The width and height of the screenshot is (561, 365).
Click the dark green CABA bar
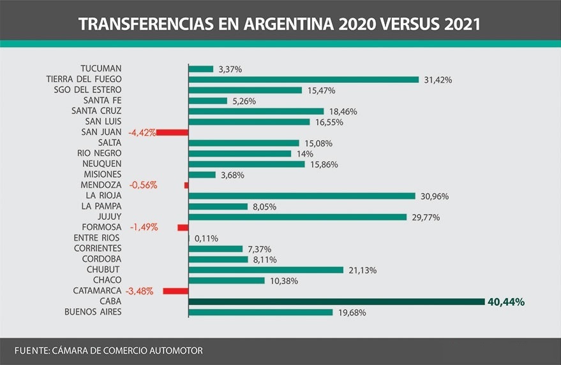point(337,301)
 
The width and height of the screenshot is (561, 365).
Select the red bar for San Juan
point(172,132)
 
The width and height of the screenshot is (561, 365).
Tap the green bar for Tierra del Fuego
point(304,80)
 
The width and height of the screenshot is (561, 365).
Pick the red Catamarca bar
point(176,291)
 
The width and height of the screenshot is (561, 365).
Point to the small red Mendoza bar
point(186,185)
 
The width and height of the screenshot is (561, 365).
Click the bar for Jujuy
point(297,217)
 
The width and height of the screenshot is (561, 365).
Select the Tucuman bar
point(201,69)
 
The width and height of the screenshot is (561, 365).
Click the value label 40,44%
point(505,302)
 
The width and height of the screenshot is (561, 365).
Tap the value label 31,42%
point(438,80)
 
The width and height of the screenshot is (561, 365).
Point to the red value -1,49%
point(144,227)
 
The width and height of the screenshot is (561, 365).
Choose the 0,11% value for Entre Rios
point(206,238)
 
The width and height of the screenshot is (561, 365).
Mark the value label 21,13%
point(363,270)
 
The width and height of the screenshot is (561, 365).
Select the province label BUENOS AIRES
point(93,312)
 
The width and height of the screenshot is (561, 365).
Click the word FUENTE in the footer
point(31,351)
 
